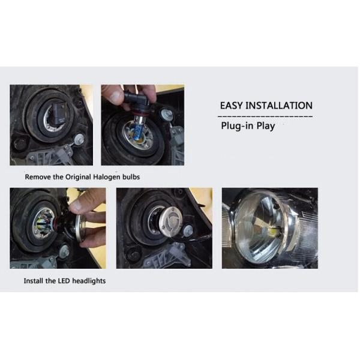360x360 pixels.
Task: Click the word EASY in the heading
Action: pyautogui.click(x=232, y=106)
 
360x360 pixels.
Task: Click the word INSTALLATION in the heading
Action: pyautogui.click(x=280, y=106)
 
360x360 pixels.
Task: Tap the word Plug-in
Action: pyautogui.click(x=236, y=127)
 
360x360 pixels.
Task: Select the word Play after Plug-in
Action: pyautogui.click(x=265, y=127)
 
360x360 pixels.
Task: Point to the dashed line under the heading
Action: pyautogui.click(x=264, y=115)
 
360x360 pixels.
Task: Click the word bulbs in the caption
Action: pyautogui.click(x=132, y=177)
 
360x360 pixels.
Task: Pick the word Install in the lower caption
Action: pyautogui.click(x=34, y=281)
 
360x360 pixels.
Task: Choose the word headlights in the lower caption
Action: pyautogui.click(x=89, y=281)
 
